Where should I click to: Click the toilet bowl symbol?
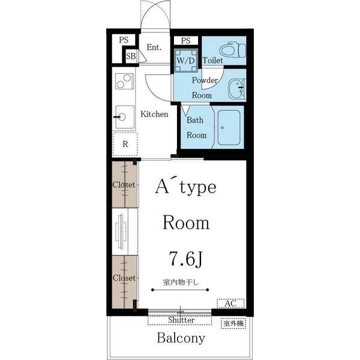coord(232,50)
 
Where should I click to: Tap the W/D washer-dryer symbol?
coord(186,61)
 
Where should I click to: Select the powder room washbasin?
coord(237,89)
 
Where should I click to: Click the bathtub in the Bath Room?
coord(229,128)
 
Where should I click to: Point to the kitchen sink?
coord(125,117)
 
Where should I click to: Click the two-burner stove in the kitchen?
coord(124,81)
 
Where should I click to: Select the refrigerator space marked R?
coord(125,145)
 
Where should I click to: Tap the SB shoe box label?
coord(131,56)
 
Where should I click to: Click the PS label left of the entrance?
coord(124,40)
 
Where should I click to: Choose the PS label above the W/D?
coord(186,41)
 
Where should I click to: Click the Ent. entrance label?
coord(154,47)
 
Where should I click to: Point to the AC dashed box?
coord(230,303)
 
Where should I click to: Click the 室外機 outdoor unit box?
coord(233,323)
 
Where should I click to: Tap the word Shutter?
coord(181,320)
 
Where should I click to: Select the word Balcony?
coord(181,338)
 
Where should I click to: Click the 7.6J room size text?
coord(186,259)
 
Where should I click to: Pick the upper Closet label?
coord(124,185)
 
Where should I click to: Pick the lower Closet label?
coord(124,278)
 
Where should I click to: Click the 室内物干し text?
coord(181,283)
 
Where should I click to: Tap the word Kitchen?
coord(154,114)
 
